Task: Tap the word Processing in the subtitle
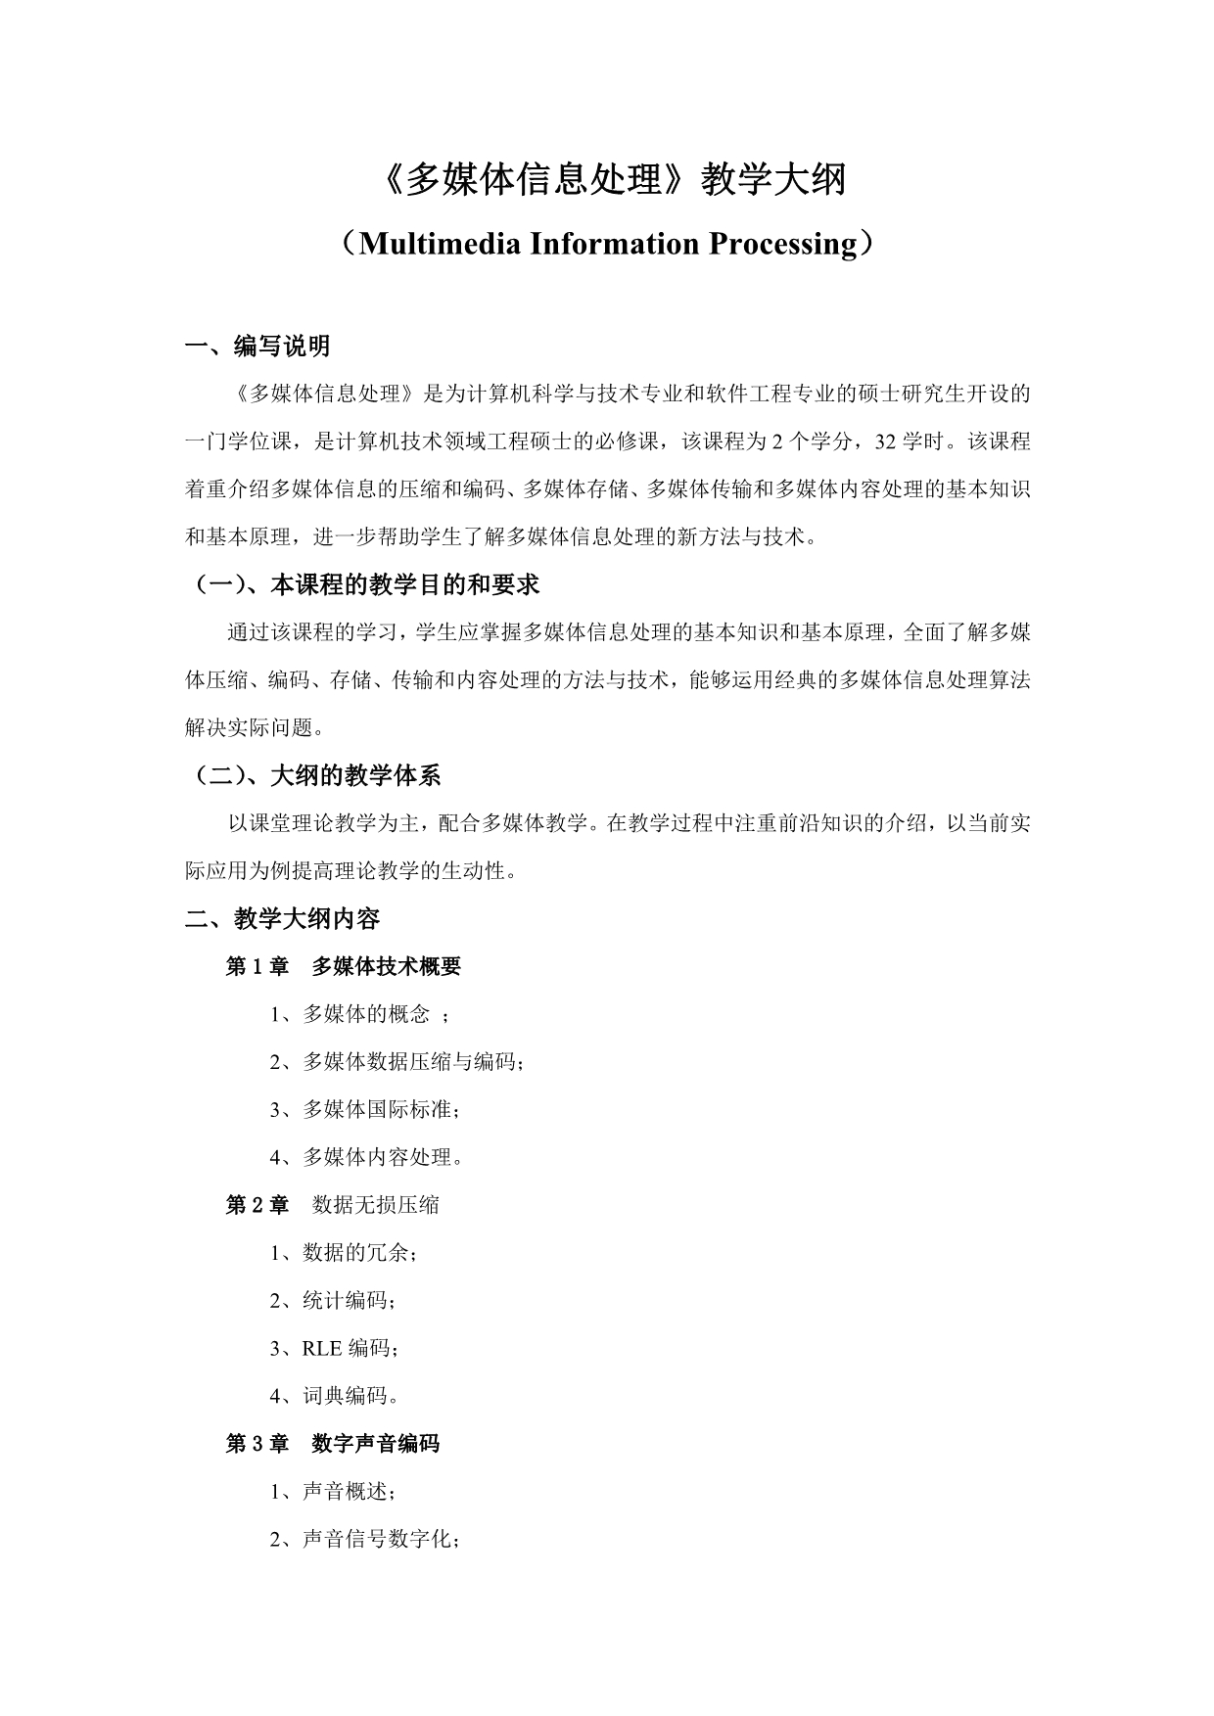tap(782, 243)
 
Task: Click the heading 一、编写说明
tap(258, 346)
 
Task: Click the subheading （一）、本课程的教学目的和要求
tap(364, 584)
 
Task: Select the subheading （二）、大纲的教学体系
tap(315, 775)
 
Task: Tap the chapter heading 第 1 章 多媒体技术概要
tap(344, 966)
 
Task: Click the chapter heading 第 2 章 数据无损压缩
tap(333, 1204)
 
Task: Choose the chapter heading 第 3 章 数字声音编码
tap(333, 1443)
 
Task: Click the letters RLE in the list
tap(322, 1348)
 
